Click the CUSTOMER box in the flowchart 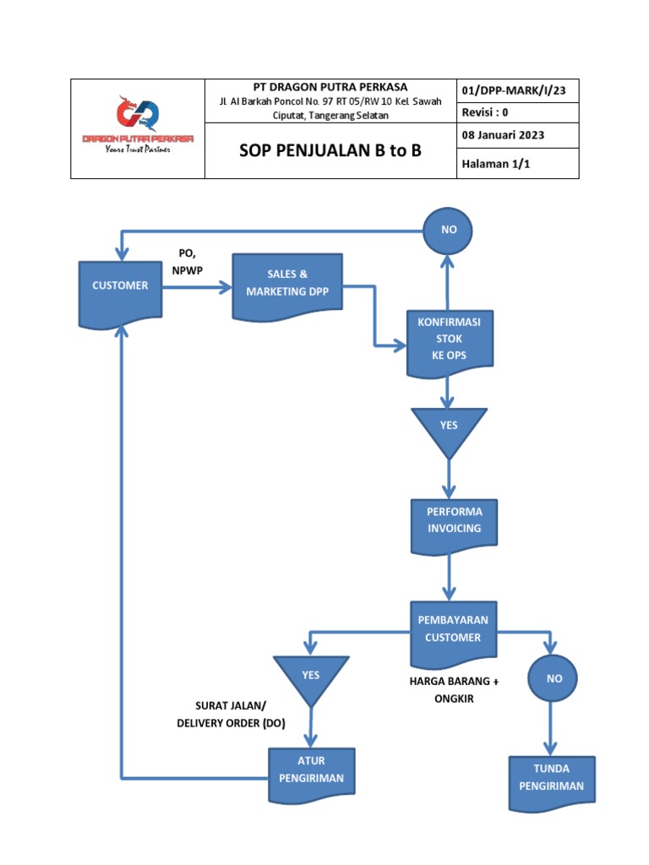click(120, 288)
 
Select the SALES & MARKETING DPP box click(286, 284)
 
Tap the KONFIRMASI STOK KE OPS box click(449, 343)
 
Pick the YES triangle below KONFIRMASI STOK click(449, 427)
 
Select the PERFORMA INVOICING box click(454, 523)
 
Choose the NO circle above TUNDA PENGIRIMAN click(554, 678)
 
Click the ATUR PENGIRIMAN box click(311, 771)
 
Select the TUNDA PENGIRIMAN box click(551, 780)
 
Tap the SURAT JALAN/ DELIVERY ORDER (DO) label click(231, 713)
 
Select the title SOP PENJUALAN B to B click(330, 150)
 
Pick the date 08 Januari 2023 click(503, 134)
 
